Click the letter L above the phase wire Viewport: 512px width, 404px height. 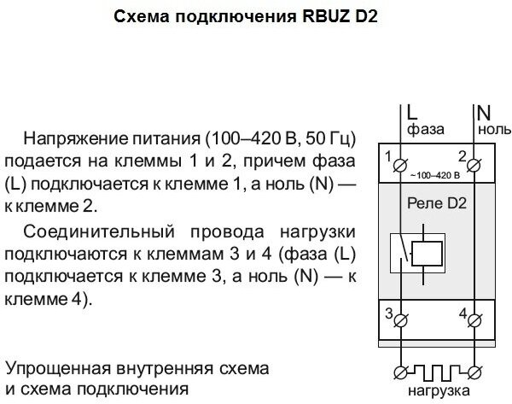pyautogui.click(x=411, y=111)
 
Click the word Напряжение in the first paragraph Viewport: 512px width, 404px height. pyautogui.click(x=75, y=138)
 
